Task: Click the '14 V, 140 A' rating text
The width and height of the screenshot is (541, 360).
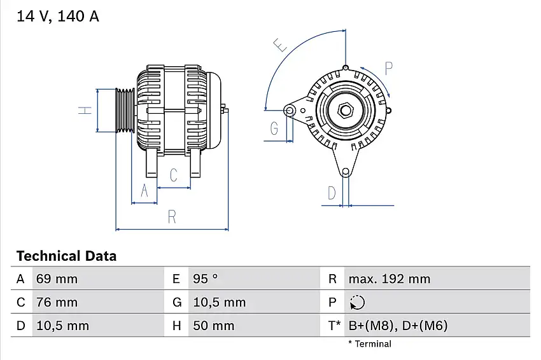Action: click(x=57, y=17)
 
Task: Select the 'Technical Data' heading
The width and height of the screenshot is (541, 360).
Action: click(x=66, y=256)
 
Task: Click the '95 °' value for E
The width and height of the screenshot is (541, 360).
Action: click(x=206, y=279)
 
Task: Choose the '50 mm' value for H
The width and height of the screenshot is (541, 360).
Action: click(x=213, y=326)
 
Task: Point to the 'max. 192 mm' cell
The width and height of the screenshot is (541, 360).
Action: click(x=389, y=279)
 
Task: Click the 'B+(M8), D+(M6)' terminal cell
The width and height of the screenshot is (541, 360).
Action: click(x=398, y=326)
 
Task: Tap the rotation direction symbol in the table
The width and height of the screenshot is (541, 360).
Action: click(x=357, y=302)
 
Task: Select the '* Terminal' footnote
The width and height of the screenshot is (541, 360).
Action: click(x=370, y=344)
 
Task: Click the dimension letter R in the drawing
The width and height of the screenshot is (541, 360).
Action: click(x=171, y=216)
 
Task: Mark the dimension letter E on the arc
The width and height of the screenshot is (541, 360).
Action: click(x=279, y=45)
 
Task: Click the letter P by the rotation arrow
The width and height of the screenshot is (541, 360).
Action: click(x=388, y=68)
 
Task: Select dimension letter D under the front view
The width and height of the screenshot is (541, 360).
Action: click(x=332, y=193)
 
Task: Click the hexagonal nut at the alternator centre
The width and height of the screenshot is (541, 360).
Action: click(x=346, y=110)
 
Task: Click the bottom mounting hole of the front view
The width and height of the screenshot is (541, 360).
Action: click(x=346, y=172)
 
